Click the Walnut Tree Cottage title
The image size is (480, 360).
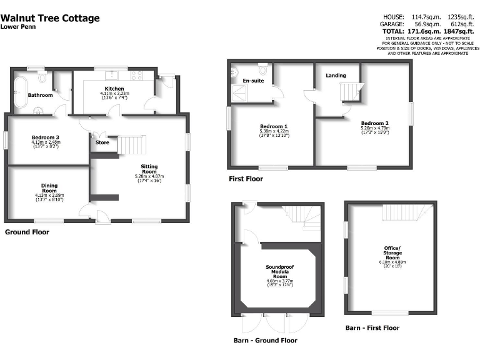[50, 18]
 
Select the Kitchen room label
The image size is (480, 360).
[114, 89]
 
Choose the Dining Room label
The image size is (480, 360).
[49, 186]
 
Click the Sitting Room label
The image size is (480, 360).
[149, 167]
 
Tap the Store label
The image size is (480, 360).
[102, 142]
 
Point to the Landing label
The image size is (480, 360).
[336, 76]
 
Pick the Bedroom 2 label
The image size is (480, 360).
[374, 123]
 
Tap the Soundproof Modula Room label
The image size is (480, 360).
[279, 270]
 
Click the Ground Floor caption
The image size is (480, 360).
[27, 232]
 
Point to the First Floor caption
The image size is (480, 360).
[246, 179]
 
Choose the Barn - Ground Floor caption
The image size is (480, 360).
[265, 341]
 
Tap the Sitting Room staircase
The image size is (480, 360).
[132, 145]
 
